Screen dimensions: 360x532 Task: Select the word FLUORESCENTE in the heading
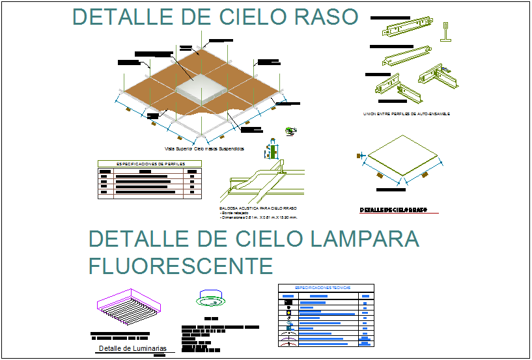(180, 266)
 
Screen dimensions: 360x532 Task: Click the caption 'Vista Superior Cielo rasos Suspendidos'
(204, 148)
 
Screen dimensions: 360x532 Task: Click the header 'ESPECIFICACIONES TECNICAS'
(325, 287)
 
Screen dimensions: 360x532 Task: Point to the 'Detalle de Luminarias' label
(132, 348)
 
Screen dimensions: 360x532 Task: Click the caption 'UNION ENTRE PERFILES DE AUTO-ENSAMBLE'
(406, 114)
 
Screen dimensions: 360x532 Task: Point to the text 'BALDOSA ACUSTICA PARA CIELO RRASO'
(258, 208)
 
